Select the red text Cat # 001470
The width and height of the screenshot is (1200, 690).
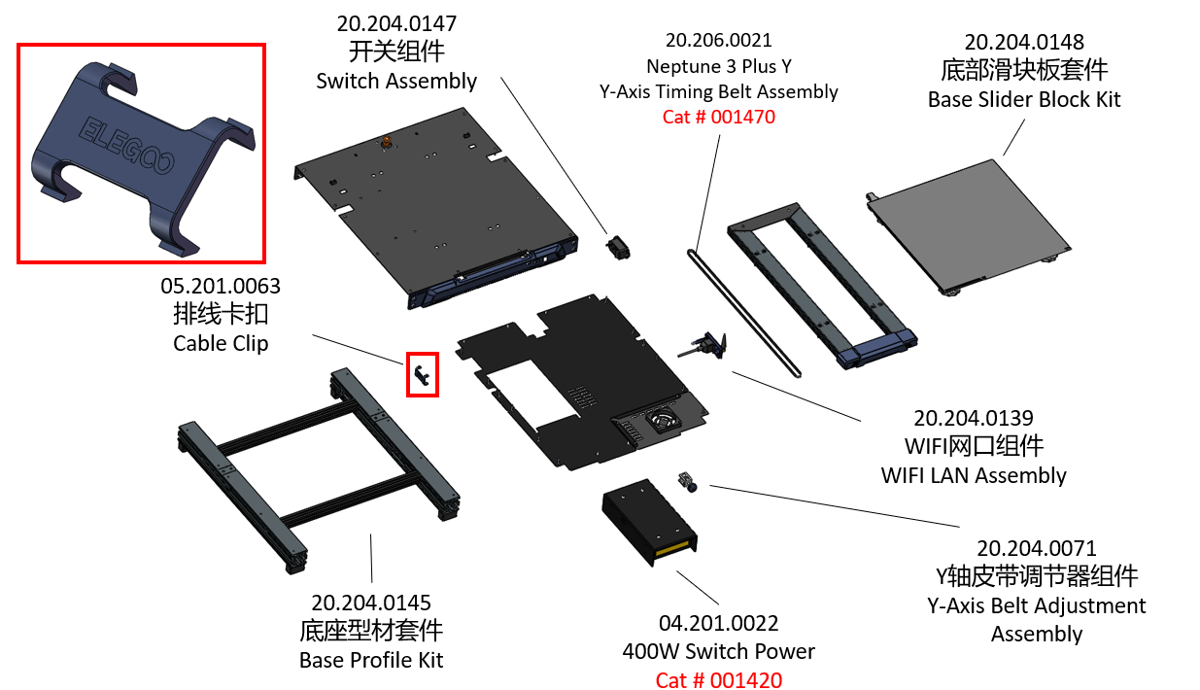(718, 117)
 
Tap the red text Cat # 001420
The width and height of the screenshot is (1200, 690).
(718, 679)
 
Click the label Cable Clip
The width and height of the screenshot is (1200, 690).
(221, 343)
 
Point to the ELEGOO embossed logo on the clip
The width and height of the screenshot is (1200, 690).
(125, 147)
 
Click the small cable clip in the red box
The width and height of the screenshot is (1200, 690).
(422, 375)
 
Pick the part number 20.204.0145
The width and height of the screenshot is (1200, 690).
(371, 604)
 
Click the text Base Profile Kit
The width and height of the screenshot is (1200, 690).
(371, 660)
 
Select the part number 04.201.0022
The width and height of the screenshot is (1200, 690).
(718, 623)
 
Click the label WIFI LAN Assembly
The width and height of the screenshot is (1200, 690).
(974, 475)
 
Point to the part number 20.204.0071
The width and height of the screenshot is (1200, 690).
(1036, 548)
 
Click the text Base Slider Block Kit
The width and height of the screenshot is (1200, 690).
(1024, 99)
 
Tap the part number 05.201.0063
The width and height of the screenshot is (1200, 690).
(221, 287)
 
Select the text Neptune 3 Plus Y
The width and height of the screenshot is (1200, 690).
(718, 66)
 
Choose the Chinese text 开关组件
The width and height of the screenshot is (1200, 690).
(396, 52)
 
